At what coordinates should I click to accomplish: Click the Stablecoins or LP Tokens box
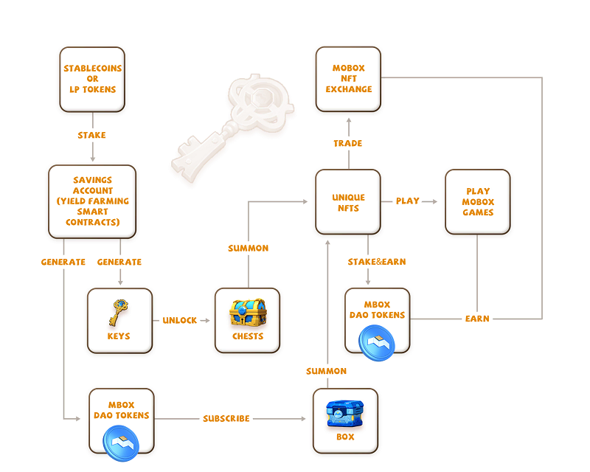[92, 79]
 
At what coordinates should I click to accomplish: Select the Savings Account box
[92, 201]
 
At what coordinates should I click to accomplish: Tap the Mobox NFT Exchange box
[348, 79]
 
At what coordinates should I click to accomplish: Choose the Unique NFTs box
[348, 202]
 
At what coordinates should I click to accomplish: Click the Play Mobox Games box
[477, 202]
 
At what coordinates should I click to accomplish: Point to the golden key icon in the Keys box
[118, 313]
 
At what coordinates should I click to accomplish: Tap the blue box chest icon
[345, 414]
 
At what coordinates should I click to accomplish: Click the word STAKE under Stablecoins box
[92, 135]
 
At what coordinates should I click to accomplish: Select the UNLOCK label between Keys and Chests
[180, 320]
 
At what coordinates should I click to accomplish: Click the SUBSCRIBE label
[226, 418]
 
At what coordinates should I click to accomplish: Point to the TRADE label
[348, 143]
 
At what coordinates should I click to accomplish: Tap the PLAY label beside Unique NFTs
[408, 200]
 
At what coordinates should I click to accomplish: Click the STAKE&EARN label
[377, 261]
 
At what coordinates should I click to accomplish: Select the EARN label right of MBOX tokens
[477, 319]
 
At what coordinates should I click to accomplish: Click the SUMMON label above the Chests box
[248, 248]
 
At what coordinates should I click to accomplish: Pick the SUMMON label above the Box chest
[326, 371]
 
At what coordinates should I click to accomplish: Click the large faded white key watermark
[232, 122]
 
